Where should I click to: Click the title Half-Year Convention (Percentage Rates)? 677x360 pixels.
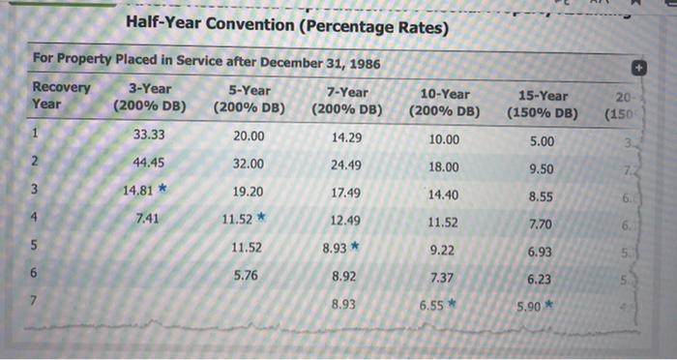click(286, 26)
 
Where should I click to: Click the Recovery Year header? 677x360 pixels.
click(60, 95)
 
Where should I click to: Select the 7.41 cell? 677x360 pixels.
click(148, 218)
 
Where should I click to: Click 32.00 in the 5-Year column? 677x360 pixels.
click(250, 164)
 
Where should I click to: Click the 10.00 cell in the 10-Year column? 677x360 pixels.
click(443, 139)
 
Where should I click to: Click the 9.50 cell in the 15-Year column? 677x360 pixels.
click(542, 168)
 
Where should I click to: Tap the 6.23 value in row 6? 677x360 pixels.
click(541, 279)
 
